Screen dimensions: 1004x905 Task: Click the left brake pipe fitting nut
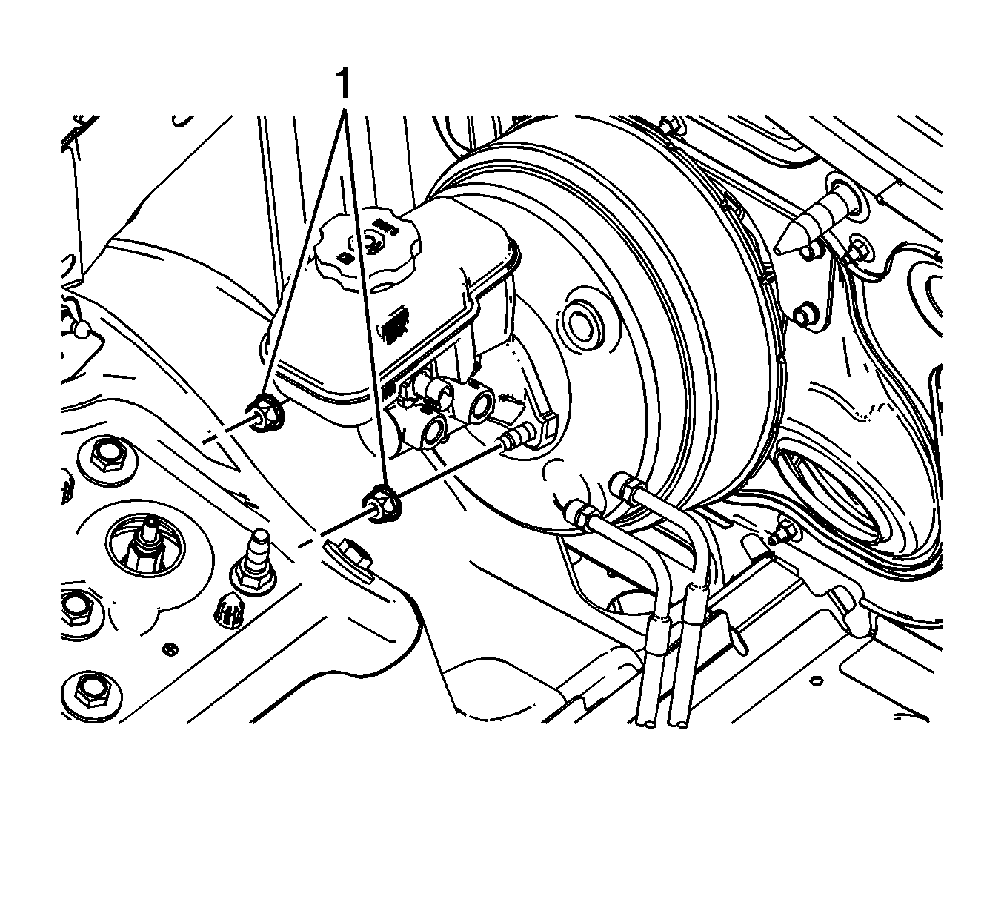[x=582, y=516]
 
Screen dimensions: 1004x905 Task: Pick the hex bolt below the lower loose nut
[x=354, y=554]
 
